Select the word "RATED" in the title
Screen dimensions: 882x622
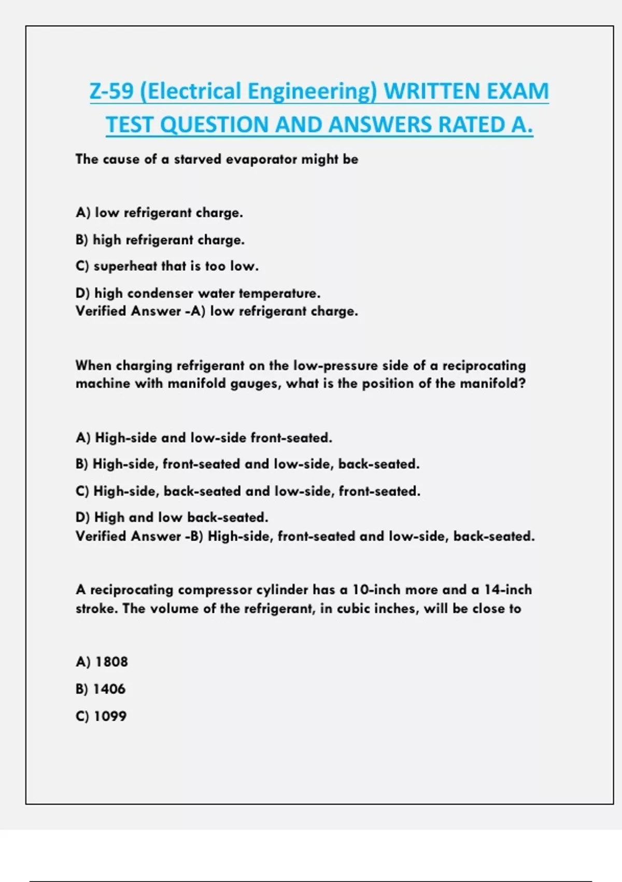pyautogui.click(x=471, y=125)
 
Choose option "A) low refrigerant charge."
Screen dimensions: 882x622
pyautogui.click(x=159, y=213)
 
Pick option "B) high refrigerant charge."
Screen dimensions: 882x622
pyautogui.click(x=160, y=240)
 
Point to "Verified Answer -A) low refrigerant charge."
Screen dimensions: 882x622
pyautogui.click(x=217, y=311)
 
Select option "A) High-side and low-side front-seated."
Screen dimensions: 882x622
pyautogui.click(x=204, y=438)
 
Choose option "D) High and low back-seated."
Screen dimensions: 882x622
pyautogui.click(x=172, y=517)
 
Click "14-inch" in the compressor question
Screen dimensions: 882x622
pyautogui.click(x=508, y=590)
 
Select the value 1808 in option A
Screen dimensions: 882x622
pyautogui.click(x=111, y=662)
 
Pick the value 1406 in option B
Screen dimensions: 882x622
pyautogui.click(x=109, y=689)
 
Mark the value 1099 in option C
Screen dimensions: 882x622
pyautogui.click(x=110, y=716)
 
